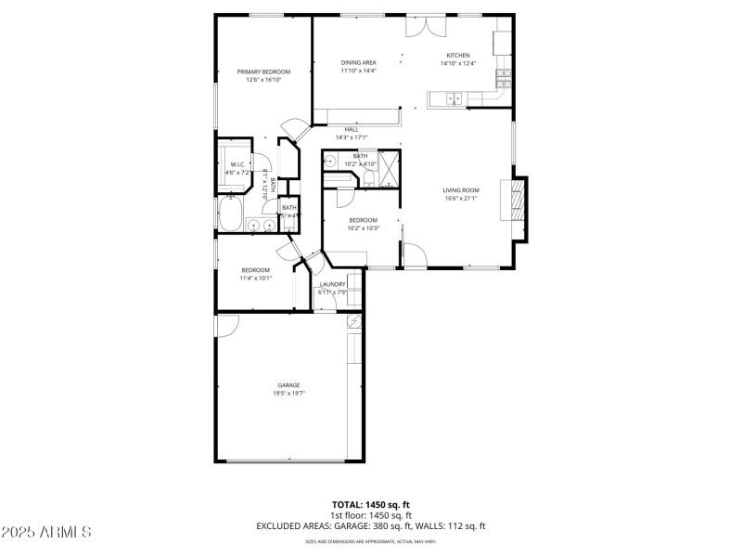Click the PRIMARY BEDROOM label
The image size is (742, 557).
click(x=263, y=71)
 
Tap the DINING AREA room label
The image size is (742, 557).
click(x=358, y=62)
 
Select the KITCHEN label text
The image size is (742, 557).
click(x=458, y=55)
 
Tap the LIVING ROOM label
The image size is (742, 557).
click(x=460, y=189)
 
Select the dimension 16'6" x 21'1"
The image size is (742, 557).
click(x=460, y=198)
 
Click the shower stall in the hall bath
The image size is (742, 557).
click(x=390, y=172)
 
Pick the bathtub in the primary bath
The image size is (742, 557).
click(x=229, y=216)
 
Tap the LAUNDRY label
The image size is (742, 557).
click(x=332, y=284)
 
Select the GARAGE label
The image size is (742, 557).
click(x=288, y=384)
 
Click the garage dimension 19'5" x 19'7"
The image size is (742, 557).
click(x=288, y=393)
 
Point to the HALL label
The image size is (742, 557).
click(x=352, y=129)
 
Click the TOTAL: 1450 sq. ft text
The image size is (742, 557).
click(x=370, y=505)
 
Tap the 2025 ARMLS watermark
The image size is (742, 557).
click(x=46, y=532)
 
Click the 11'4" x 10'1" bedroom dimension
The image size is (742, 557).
click(x=255, y=278)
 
